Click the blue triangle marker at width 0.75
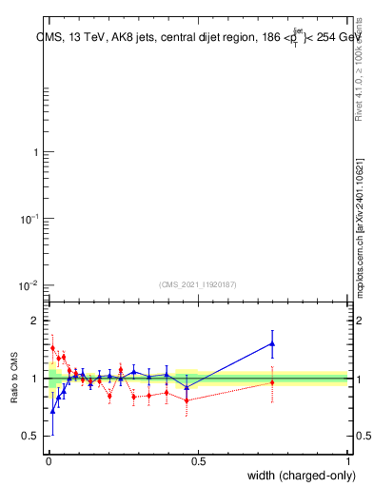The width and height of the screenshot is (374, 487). point(272,343)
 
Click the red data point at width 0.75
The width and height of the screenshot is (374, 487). point(272,382)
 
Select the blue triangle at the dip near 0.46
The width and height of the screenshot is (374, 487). point(187,387)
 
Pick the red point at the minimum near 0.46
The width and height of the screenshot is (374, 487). point(187,400)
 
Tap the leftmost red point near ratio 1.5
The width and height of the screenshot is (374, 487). point(52,348)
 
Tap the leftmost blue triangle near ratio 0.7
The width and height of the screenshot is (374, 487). point(52,411)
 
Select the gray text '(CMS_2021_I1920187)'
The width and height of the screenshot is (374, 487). point(197,283)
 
